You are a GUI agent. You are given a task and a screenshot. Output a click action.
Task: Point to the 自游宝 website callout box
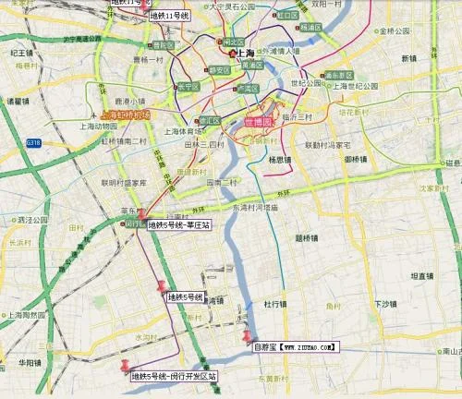pyautogui.click(x=296, y=347)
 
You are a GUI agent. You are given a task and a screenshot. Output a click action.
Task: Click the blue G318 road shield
pyautogui.click(x=34, y=143)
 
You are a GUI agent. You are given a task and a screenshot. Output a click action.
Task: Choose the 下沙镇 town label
pyautogui.click(x=385, y=304)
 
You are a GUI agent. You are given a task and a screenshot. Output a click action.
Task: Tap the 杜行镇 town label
pyautogui.click(x=276, y=303)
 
